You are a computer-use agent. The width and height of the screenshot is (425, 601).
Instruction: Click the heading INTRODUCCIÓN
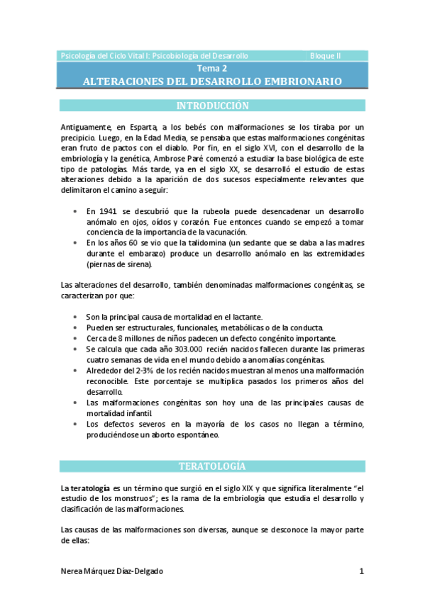pyautogui.click(x=212, y=106)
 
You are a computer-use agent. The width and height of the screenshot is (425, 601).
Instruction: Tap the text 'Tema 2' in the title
pyautogui.click(x=212, y=69)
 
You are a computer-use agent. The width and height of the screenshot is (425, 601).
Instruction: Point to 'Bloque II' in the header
pyautogui.click(x=326, y=55)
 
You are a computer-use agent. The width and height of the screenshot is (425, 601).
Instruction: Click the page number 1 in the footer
pyautogui.click(x=361, y=571)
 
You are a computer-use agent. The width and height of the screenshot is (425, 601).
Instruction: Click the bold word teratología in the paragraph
pyautogui.click(x=90, y=488)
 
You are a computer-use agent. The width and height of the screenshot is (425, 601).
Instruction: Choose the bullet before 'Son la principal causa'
pyautogui.click(x=76, y=317)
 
